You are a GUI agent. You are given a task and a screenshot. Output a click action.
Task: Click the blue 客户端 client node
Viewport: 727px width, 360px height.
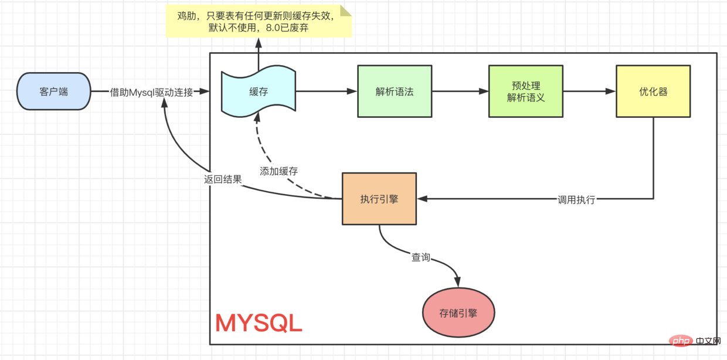coord(53,91)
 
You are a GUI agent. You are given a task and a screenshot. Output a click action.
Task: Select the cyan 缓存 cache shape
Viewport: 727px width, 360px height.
coord(259,91)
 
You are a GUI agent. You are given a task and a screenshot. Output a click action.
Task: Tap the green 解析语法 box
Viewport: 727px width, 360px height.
coord(395,91)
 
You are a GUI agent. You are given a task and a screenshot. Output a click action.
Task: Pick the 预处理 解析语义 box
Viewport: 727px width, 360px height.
coord(526,91)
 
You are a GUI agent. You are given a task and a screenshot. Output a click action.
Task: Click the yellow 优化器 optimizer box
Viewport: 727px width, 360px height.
coord(653,91)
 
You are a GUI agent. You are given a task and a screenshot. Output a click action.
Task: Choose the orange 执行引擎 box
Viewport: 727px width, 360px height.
coord(379,199)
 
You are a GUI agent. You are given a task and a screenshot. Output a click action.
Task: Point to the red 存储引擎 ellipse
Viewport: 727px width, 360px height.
coord(458,313)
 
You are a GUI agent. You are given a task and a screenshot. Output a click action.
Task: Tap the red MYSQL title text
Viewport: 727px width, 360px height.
coord(259,323)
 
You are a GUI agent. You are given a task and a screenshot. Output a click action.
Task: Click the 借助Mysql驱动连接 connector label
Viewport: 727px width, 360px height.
coord(151,93)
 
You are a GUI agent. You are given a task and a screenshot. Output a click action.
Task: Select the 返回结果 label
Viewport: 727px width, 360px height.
coord(223,179)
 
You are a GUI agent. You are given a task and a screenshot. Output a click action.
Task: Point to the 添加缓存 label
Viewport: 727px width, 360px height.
coord(278,171)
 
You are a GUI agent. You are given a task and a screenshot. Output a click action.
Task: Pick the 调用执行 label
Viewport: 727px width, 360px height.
coord(576,199)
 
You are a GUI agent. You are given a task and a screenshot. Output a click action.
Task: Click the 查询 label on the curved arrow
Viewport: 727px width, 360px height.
coord(420,257)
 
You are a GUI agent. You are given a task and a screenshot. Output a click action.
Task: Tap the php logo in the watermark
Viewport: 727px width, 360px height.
coord(681,341)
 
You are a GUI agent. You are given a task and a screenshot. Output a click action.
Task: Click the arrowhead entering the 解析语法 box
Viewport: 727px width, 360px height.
coord(352,91)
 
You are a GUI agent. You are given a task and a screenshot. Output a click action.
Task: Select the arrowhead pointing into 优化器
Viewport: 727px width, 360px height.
coord(611,91)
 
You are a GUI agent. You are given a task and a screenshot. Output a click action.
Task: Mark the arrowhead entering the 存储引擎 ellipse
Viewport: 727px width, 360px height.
coord(458,282)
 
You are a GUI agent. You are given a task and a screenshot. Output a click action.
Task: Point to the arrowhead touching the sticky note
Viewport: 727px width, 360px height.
coord(259,43)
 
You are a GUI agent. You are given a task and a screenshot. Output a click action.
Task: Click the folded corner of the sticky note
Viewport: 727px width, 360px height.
coord(346,10)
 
